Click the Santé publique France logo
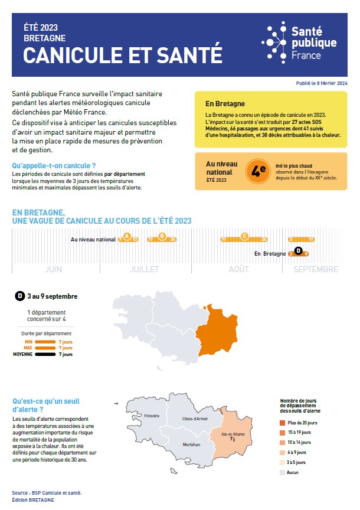click(x=300, y=42)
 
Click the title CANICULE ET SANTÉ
click(x=123, y=55)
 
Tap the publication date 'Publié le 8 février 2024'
click(x=322, y=84)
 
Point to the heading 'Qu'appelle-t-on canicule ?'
click(x=54, y=166)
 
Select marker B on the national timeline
click(x=162, y=237)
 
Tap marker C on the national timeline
click(x=244, y=237)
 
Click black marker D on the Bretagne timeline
click(x=298, y=251)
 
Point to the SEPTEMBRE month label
click(x=315, y=269)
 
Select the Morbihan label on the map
click(x=191, y=444)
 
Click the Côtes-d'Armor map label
click(x=195, y=419)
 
